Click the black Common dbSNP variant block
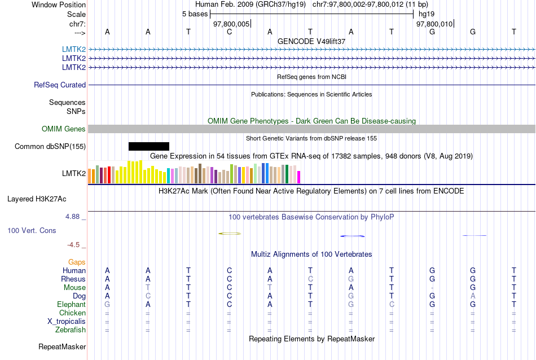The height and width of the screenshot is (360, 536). [x=148, y=147]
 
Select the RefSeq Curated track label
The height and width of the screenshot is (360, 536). [x=60, y=85]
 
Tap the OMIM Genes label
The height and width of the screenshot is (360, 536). [x=64, y=129]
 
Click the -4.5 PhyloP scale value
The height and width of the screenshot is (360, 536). [x=75, y=245]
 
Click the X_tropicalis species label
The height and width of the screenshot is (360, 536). [x=67, y=322]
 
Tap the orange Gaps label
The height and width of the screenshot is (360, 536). [x=77, y=262]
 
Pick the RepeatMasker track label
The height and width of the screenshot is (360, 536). [x=62, y=346]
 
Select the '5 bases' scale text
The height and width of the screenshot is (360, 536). [x=195, y=14]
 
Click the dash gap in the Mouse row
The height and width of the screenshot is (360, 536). [x=432, y=288]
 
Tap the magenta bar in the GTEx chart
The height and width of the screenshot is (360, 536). [x=299, y=177]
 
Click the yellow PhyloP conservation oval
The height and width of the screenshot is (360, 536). [x=230, y=234]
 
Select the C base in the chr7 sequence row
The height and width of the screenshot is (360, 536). [x=230, y=32]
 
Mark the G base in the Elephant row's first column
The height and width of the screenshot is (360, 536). [x=107, y=305]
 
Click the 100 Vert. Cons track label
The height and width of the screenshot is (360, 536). [x=32, y=231]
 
